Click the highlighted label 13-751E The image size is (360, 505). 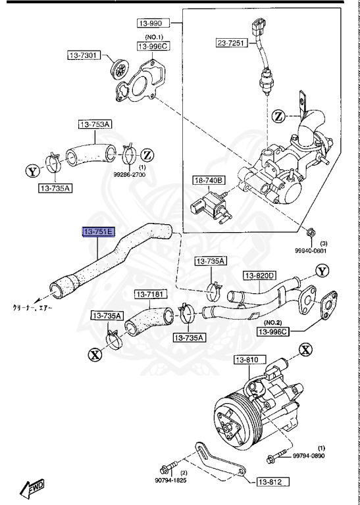tap(98, 231)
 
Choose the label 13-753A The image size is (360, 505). tap(96, 124)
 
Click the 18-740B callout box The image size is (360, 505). tap(209, 180)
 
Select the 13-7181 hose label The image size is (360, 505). tap(151, 294)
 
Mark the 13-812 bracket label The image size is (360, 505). tap(270, 482)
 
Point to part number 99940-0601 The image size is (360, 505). tap(310, 250)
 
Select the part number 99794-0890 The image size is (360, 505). tap(309, 456)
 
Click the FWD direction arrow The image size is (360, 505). tap(32, 488)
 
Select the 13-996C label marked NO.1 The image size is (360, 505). tap(153, 47)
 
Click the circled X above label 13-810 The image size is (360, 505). tap(305, 349)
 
